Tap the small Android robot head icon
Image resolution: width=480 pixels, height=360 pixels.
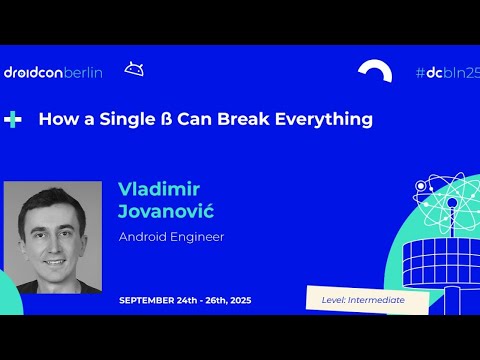click(x=133, y=69)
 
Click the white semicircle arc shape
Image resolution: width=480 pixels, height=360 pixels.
click(x=375, y=72)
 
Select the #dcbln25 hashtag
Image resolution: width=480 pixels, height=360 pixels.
click(x=447, y=72)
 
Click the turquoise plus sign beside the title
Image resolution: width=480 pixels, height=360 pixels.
click(x=13, y=119)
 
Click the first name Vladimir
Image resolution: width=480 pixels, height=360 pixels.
click(x=159, y=190)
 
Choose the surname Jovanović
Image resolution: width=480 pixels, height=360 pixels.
click(x=166, y=212)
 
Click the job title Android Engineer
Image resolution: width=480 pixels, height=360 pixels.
click(x=171, y=237)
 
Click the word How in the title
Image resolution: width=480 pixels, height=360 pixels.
click(x=53, y=119)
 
